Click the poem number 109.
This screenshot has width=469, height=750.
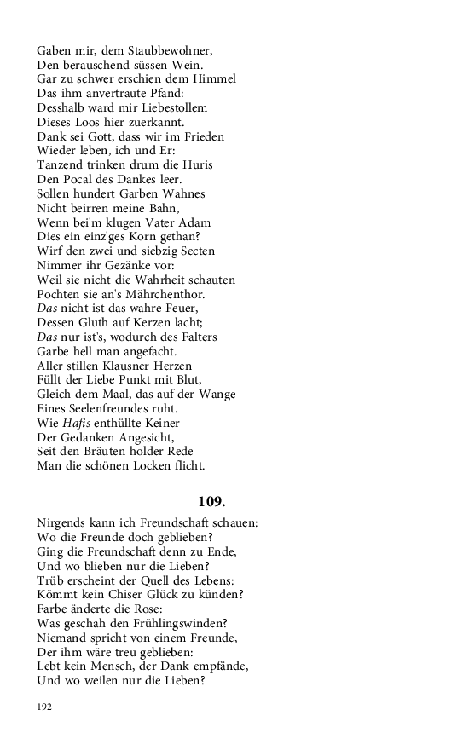pyautogui.click(x=211, y=501)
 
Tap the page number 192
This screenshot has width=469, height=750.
pyautogui.click(x=45, y=707)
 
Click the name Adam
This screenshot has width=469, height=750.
pyautogui.click(x=191, y=222)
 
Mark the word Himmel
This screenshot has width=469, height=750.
pyautogui.click(x=212, y=78)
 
